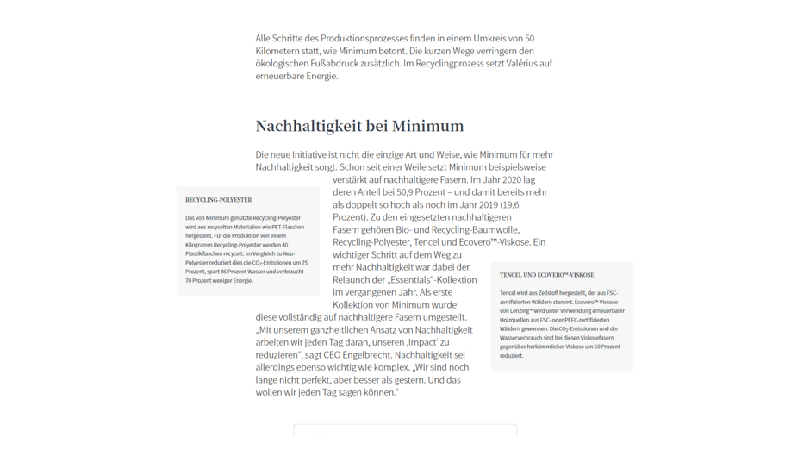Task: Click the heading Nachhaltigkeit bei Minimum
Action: tap(359, 126)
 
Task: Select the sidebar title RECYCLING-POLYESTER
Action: tap(218, 200)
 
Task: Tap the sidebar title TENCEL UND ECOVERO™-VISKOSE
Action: tap(546, 275)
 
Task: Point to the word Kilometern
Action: tap(277, 51)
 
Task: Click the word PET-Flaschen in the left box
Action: tap(287, 227)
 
